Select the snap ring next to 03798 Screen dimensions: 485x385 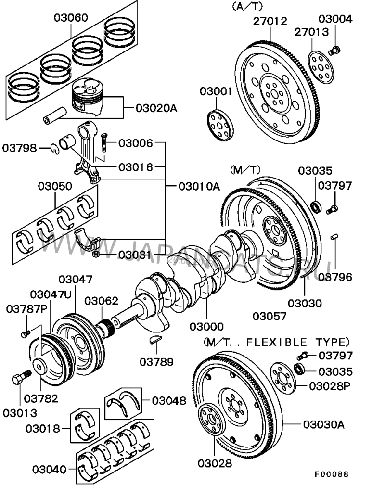(55, 149)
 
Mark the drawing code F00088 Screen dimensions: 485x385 (332, 475)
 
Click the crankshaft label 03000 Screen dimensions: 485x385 (207, 327)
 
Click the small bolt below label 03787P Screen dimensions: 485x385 (26, 332)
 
